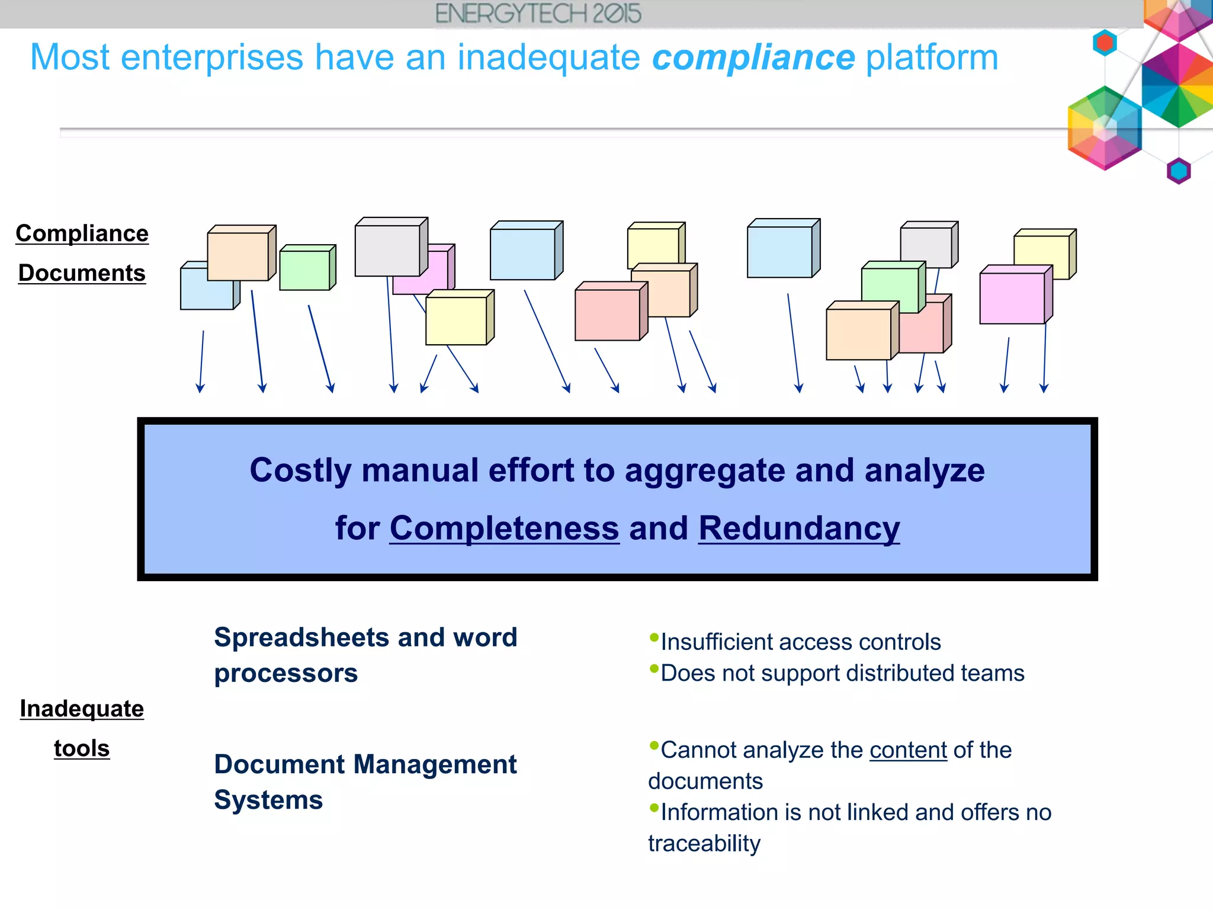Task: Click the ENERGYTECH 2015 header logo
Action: point(538,14)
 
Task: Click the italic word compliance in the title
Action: point(753,57)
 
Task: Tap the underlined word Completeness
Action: point(504,528)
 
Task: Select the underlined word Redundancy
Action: point(798,528)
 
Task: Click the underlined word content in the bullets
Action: point(908,750)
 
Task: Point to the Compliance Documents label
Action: point(82,253)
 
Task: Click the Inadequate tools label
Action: point(82,728)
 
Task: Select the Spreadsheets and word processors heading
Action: point(365,655)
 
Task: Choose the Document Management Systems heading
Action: point(365,781)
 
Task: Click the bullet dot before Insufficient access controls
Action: point(654,637)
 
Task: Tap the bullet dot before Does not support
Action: point(654,669)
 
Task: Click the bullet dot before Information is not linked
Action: point(654,808)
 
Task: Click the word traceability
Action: point(704,843)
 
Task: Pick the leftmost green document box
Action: point(304,270)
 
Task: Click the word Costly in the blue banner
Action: point(300,470)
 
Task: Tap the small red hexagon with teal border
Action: point(1105,43)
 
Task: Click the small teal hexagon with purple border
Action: point(1178,171)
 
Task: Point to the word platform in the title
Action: point(932,57)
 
